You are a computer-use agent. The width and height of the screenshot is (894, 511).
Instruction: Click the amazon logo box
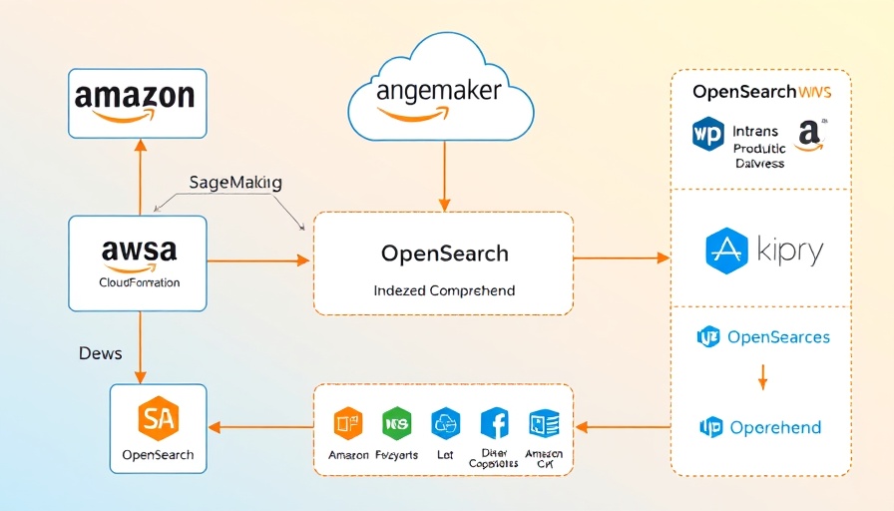click(x=137, y=103)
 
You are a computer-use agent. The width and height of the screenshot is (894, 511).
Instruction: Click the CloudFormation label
click(x=140, y=282)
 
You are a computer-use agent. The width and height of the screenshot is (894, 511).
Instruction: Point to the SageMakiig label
click(x=235, y=183)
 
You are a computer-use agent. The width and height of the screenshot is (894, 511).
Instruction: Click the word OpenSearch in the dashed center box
click(x=444, y=254)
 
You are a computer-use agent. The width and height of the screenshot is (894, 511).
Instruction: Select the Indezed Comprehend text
click(x=444, y=290)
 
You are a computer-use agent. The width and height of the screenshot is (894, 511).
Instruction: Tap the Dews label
click(x=100, y=354)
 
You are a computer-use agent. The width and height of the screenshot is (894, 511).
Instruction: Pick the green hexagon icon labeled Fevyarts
click(x=397, y=424)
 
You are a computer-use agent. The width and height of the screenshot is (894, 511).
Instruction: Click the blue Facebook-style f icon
click(x=495, y=423)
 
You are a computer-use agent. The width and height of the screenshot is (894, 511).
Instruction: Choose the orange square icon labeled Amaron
click(x=347, y=424)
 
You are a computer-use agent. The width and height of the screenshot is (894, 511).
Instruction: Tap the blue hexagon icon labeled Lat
click(x=445, y=424)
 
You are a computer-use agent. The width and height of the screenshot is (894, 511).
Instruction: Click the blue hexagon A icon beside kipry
click(x=726, y=251)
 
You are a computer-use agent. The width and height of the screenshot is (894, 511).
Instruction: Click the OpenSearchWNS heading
click(x=761, y=92)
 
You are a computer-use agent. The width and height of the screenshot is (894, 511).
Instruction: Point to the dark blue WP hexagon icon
click(x=707, y=136)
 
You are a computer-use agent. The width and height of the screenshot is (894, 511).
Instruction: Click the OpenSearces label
click(x=778, y=337)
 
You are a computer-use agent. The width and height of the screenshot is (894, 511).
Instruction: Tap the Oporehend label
click(x=775, y=428)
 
